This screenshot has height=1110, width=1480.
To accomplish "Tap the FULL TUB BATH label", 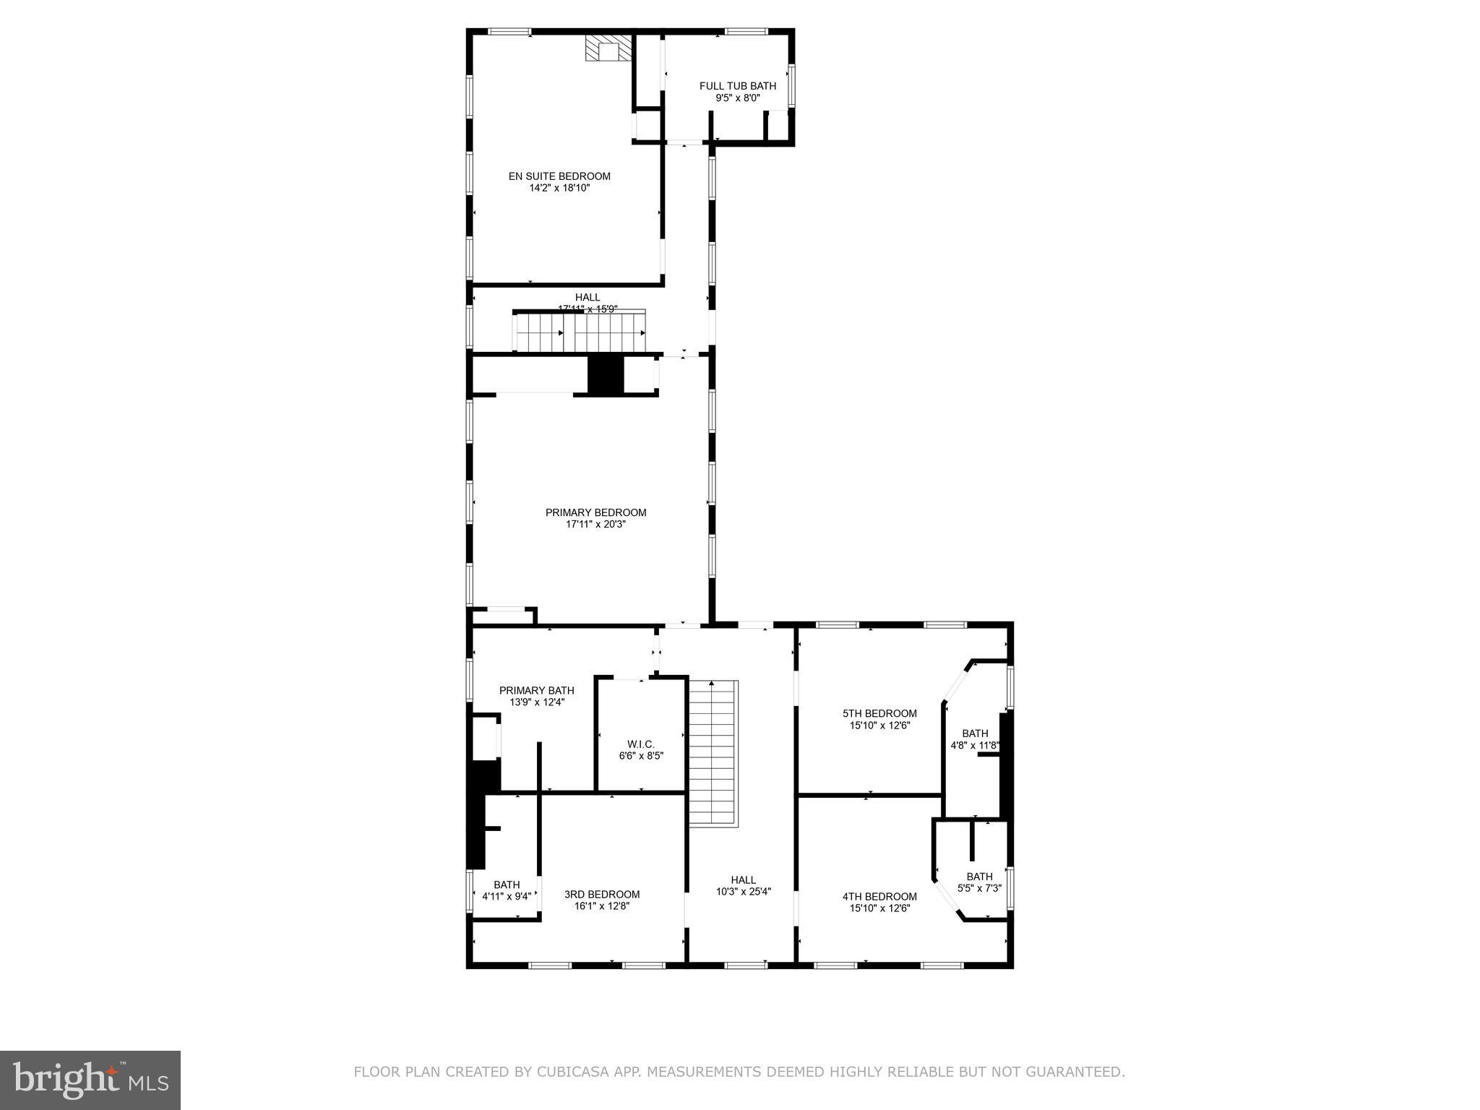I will click(737, 86).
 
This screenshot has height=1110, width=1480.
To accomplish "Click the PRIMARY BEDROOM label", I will click(595, 512).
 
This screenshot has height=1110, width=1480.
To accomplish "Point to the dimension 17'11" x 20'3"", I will click(595, 525).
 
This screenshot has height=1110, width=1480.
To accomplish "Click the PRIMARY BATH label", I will click(536, 690).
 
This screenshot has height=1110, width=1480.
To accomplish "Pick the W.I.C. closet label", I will click(640, 744).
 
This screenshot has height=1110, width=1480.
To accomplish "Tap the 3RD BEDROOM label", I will click(601, 894).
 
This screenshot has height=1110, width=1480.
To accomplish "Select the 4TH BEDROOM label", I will click(879, 897).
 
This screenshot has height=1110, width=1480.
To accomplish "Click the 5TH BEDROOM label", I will click(879, 713).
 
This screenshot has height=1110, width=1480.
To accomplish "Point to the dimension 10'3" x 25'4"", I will click(743, 892).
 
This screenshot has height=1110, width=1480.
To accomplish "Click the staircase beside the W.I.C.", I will click(713, 752).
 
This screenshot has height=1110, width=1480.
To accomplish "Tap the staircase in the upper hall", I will click(580, 332).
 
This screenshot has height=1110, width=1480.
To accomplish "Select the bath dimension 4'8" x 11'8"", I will click(974, 745).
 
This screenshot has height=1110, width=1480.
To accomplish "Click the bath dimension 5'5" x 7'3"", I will click(979, 888).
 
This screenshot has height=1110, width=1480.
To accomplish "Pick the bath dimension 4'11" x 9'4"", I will click(506, 897).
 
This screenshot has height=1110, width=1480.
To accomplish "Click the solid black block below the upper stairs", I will click(605, 374).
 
